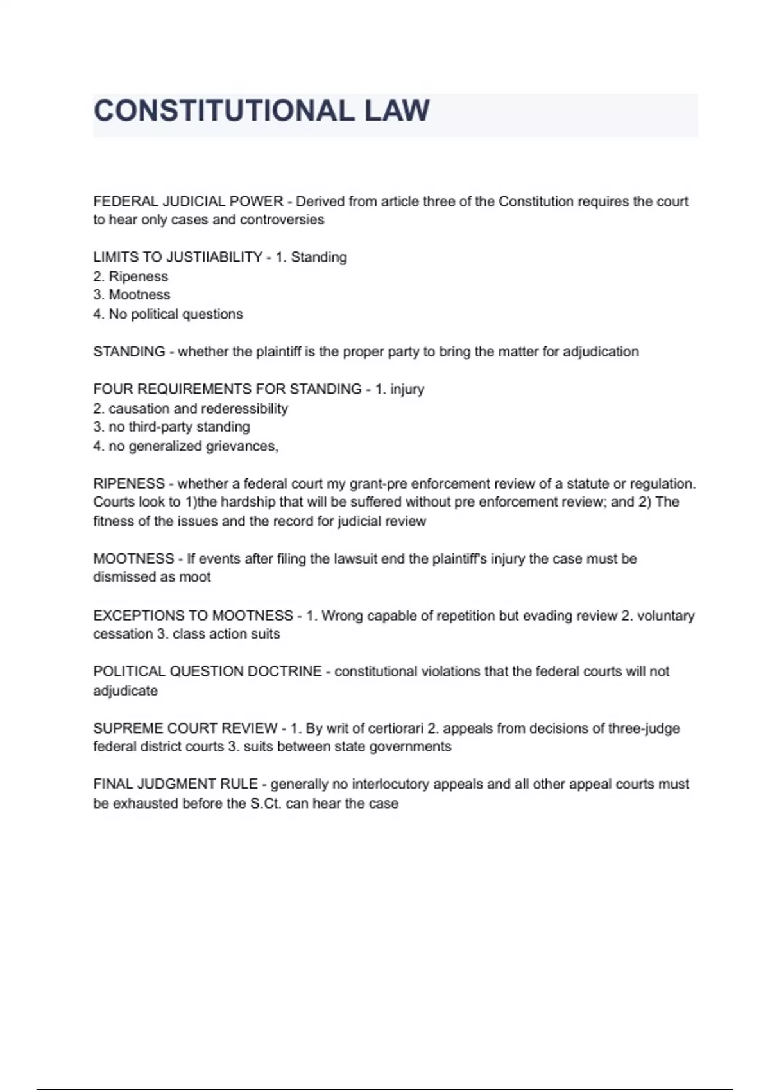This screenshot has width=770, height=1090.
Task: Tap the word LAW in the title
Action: pos(397,111)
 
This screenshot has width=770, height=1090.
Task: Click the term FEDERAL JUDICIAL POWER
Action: pos(188,201)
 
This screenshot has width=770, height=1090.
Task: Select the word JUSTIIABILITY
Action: pos(214,257)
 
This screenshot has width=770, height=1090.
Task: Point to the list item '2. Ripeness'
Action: pos(130,276)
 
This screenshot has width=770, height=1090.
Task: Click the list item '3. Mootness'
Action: pos(132,295)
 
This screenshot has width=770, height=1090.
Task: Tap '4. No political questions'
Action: pos(168,314)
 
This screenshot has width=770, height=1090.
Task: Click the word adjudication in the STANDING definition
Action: pos(601,351)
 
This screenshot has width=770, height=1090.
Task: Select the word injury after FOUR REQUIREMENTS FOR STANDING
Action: pos(407,389)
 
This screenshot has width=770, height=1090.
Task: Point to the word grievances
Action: pos(243,446)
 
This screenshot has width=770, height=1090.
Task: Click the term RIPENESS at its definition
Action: pos(129,483)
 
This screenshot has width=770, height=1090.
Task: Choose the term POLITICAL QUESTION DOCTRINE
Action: pos(207,671)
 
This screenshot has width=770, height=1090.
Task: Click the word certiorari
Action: pos(396,728)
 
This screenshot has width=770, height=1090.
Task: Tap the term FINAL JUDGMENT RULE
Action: pos(175,784)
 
